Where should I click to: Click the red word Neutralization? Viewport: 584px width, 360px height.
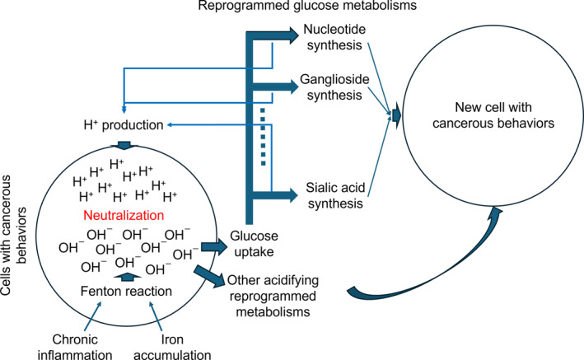tap(124, 215)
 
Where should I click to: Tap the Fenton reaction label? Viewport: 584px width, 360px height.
tap(126, 291)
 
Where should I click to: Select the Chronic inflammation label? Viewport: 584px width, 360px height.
tap(75, 348)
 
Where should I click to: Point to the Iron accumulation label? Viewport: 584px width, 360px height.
tap(172, 348)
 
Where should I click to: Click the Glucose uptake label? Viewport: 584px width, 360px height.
tap(254, 244)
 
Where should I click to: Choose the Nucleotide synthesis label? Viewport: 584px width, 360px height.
tap(334, 37)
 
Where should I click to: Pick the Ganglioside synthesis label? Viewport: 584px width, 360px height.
tap(334, 87)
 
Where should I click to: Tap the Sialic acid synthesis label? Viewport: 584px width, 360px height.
tap(335, 195)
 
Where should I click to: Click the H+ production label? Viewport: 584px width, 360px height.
tap(124, 125)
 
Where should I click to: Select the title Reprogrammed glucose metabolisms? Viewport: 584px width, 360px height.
tap(307, 6)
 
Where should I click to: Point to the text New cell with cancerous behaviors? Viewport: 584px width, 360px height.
tap(493, 115)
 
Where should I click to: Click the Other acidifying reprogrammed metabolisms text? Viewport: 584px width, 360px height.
tap(273, 296)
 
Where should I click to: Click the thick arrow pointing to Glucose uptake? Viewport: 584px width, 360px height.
tap(214, 246)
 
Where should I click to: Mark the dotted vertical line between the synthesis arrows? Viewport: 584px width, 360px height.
tap(263, 137)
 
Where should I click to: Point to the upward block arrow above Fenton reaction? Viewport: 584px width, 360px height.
tap(127, 277)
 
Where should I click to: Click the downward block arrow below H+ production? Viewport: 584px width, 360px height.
tap(124, 145)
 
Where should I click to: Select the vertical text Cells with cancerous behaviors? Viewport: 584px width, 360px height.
tap(13, 236)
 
